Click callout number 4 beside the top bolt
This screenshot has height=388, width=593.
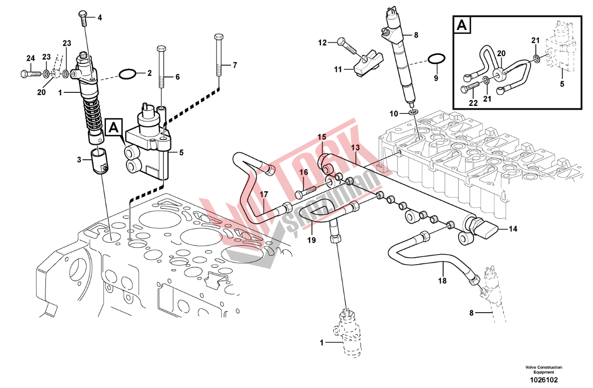pos(99,18)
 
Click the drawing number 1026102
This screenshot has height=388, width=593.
pos(544,380)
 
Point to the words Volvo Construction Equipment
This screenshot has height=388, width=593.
pos(544,370)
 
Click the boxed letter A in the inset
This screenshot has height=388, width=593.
pos(463,25)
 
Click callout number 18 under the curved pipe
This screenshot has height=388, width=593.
pos(442,281)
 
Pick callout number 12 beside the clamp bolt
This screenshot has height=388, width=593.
pos(322,42)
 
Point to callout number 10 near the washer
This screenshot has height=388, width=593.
pos(394,113)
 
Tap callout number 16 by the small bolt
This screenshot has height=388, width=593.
pos(303,172)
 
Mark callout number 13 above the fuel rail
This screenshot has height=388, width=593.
pos(355,147)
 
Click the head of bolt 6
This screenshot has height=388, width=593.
pos(161,49)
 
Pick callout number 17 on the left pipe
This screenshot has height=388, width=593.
pos(264,194)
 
